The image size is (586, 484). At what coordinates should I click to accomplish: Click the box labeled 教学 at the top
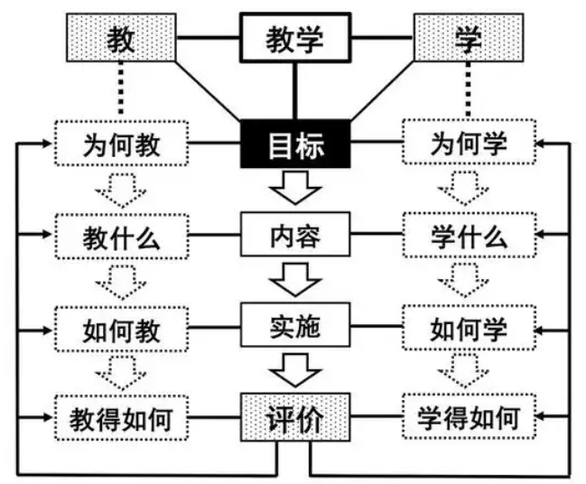pos(294,38)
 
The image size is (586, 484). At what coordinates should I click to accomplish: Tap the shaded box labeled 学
pos(468,39)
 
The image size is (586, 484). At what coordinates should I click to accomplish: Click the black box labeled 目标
pos(294,144)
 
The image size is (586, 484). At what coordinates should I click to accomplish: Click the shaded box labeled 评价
pos(294,418)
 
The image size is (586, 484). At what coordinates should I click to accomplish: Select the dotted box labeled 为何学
pos(468,144)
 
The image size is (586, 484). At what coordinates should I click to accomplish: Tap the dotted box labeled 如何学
pos(468,327)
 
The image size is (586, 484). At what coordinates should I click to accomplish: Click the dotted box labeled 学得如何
pos(468,418)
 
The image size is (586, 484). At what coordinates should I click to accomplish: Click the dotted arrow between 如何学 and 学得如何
pos(468,372)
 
